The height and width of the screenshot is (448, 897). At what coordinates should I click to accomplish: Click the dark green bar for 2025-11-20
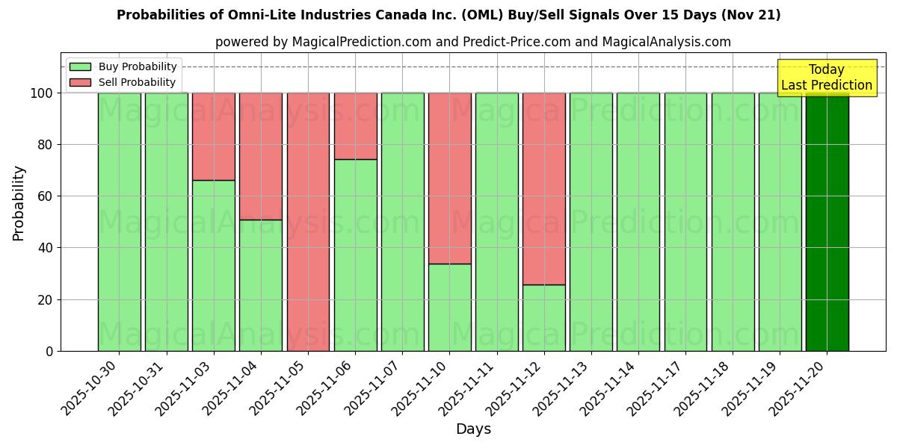(827, 222)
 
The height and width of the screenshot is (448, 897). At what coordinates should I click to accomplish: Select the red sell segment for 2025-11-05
(308, 222)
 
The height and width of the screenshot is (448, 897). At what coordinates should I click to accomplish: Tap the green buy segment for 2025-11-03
(214, 265)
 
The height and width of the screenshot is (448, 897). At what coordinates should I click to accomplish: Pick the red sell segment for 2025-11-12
(544, 188)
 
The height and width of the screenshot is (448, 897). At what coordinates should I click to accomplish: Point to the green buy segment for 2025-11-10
(450, 307)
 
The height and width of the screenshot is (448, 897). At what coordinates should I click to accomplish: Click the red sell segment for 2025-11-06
(355, 125)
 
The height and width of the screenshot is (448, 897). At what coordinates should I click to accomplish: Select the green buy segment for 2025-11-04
(261, 285)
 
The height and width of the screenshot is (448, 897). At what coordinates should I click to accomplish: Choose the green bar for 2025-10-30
(120, 222)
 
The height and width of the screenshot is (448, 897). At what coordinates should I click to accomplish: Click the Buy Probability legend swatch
(80, 66)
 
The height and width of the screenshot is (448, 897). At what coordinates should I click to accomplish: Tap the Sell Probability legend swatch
(80, 82)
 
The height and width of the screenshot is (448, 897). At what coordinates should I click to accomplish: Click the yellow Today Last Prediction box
(827, 78)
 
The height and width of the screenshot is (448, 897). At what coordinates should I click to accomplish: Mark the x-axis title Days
(473, 429)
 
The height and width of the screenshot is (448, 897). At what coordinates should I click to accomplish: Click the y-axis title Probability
(19, 203)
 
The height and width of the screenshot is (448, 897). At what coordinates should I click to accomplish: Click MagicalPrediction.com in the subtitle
(362, 42)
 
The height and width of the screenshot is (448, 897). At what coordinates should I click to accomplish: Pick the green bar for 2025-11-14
(638, 222)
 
